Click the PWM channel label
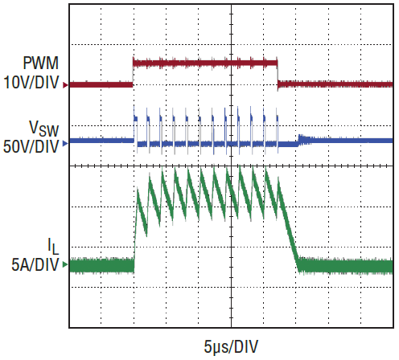[x=41, y=63]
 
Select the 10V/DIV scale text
[x=31, y=82]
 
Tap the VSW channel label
[x=44, y=129]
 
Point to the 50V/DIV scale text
[x=31, y=146]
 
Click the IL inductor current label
[x=53, y=246]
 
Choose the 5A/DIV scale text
[x=35, y=265]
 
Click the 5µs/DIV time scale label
[x=231, y=346]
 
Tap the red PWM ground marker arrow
[x=65, y=85]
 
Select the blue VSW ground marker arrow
[x=65, y=144]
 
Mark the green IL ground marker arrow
[x=65, y=264]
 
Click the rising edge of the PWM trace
[x=133, y=72]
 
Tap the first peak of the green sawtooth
[x=138, y=190]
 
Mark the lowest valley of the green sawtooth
[x=146, y=235]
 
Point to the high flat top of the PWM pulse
[x=205, y=63]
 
